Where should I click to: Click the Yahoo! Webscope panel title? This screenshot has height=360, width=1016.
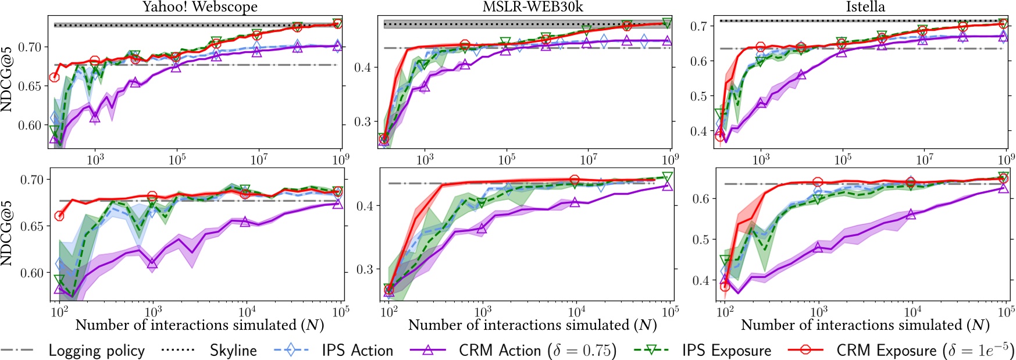(x=199, y=7)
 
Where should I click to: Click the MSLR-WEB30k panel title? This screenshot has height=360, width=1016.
(x=533, y=7)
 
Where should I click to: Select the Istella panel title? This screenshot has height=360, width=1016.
(x=865, y=7)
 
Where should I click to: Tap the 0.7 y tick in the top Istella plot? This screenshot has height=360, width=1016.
(x=698, y=26)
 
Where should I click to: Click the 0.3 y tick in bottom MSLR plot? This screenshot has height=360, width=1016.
(x=365, y=269)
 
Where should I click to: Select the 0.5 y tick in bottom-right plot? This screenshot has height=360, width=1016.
(x=701, y=240)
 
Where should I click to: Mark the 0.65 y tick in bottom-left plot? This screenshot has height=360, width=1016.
(x=32, y=226)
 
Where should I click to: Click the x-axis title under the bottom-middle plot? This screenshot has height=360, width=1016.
(x=532, y=325)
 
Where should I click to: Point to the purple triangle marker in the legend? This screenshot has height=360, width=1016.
(x=428, y=350)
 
